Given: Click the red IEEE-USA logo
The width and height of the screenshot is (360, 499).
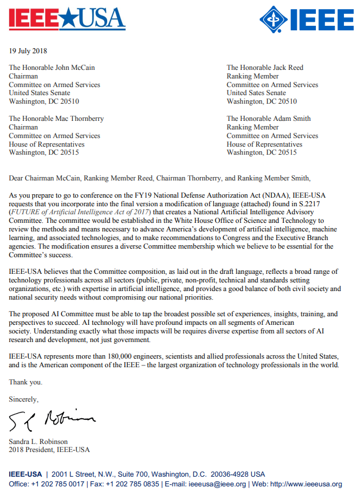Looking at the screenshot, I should point(66,19).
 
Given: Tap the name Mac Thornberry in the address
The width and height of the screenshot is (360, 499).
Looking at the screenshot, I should point(79,119).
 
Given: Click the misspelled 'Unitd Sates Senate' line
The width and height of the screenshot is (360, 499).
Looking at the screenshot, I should point(256,93).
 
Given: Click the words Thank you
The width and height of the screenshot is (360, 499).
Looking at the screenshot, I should point(25,382).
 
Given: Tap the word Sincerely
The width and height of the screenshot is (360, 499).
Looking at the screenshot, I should point(24,399).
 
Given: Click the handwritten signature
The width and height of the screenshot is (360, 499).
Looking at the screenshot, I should point(52,422).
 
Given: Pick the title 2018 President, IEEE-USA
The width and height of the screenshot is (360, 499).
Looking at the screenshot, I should point(49,450).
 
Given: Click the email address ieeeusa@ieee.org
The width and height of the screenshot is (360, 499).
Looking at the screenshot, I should point(218,485).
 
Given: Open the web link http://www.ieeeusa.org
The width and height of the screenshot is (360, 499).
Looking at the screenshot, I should point(306,485).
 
